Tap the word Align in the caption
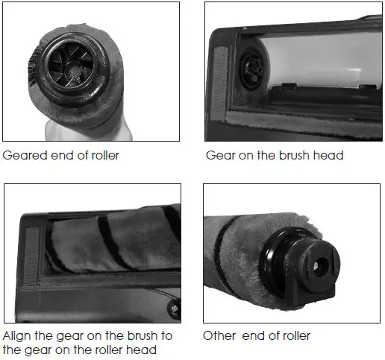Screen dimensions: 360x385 click(19, 337)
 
